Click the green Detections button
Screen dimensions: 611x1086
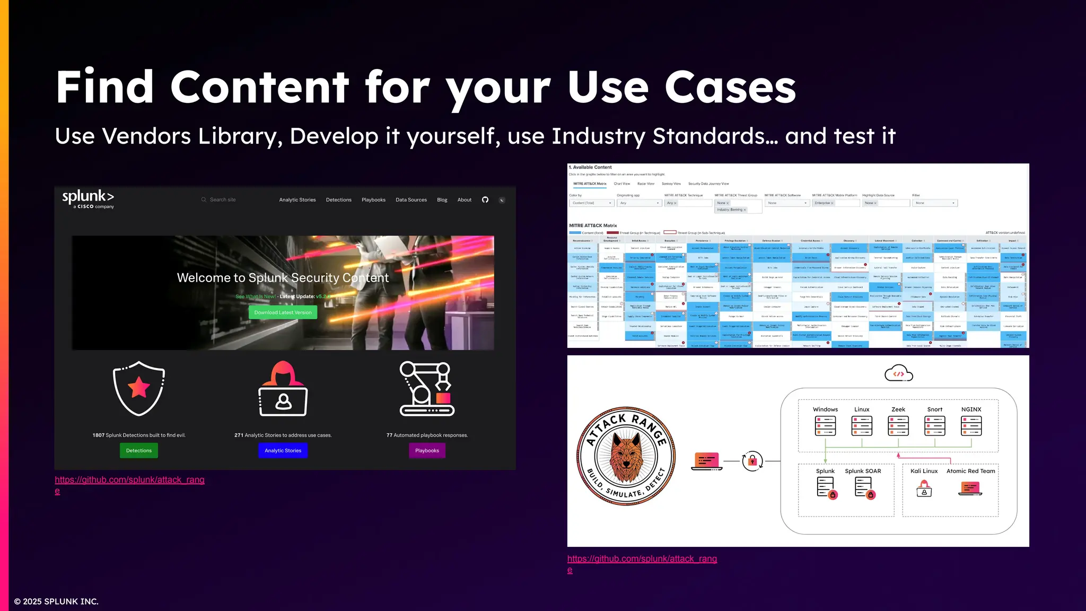pyautogui.click(x=139, y=450)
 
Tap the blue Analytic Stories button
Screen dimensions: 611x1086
pyautogui.click(x=283, y=450)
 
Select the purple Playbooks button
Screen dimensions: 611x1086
pyautogui.click(x=427, y=450)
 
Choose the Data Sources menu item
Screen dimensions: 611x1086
pyautogui.click(x=411, y=200)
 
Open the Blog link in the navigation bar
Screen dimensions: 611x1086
pyautogui.click(x=442, y=200)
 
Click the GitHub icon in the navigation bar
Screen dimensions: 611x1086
pyautogui.click(x=485, y=200)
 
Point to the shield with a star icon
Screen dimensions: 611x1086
pyautogui.click(x=139, y=388)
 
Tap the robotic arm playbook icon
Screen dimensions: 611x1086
pyautogui.click(x=427, y=388)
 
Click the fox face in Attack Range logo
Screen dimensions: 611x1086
pyautogui.click(x=626, y=456)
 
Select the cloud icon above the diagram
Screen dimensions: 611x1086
pyautogui.click(x=899, y=373)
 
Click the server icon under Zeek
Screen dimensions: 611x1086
pyautogui.click(x=898, y=425)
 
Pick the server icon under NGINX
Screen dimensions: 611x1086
pyautogui.click(x=971, y=425)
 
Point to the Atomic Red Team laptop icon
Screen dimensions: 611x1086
pyautogui.click(x=970, y=488)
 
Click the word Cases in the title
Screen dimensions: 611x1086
pyautogui.click(x=730, y=87)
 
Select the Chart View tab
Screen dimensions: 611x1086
pyautogui.click(x=621, y=184)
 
